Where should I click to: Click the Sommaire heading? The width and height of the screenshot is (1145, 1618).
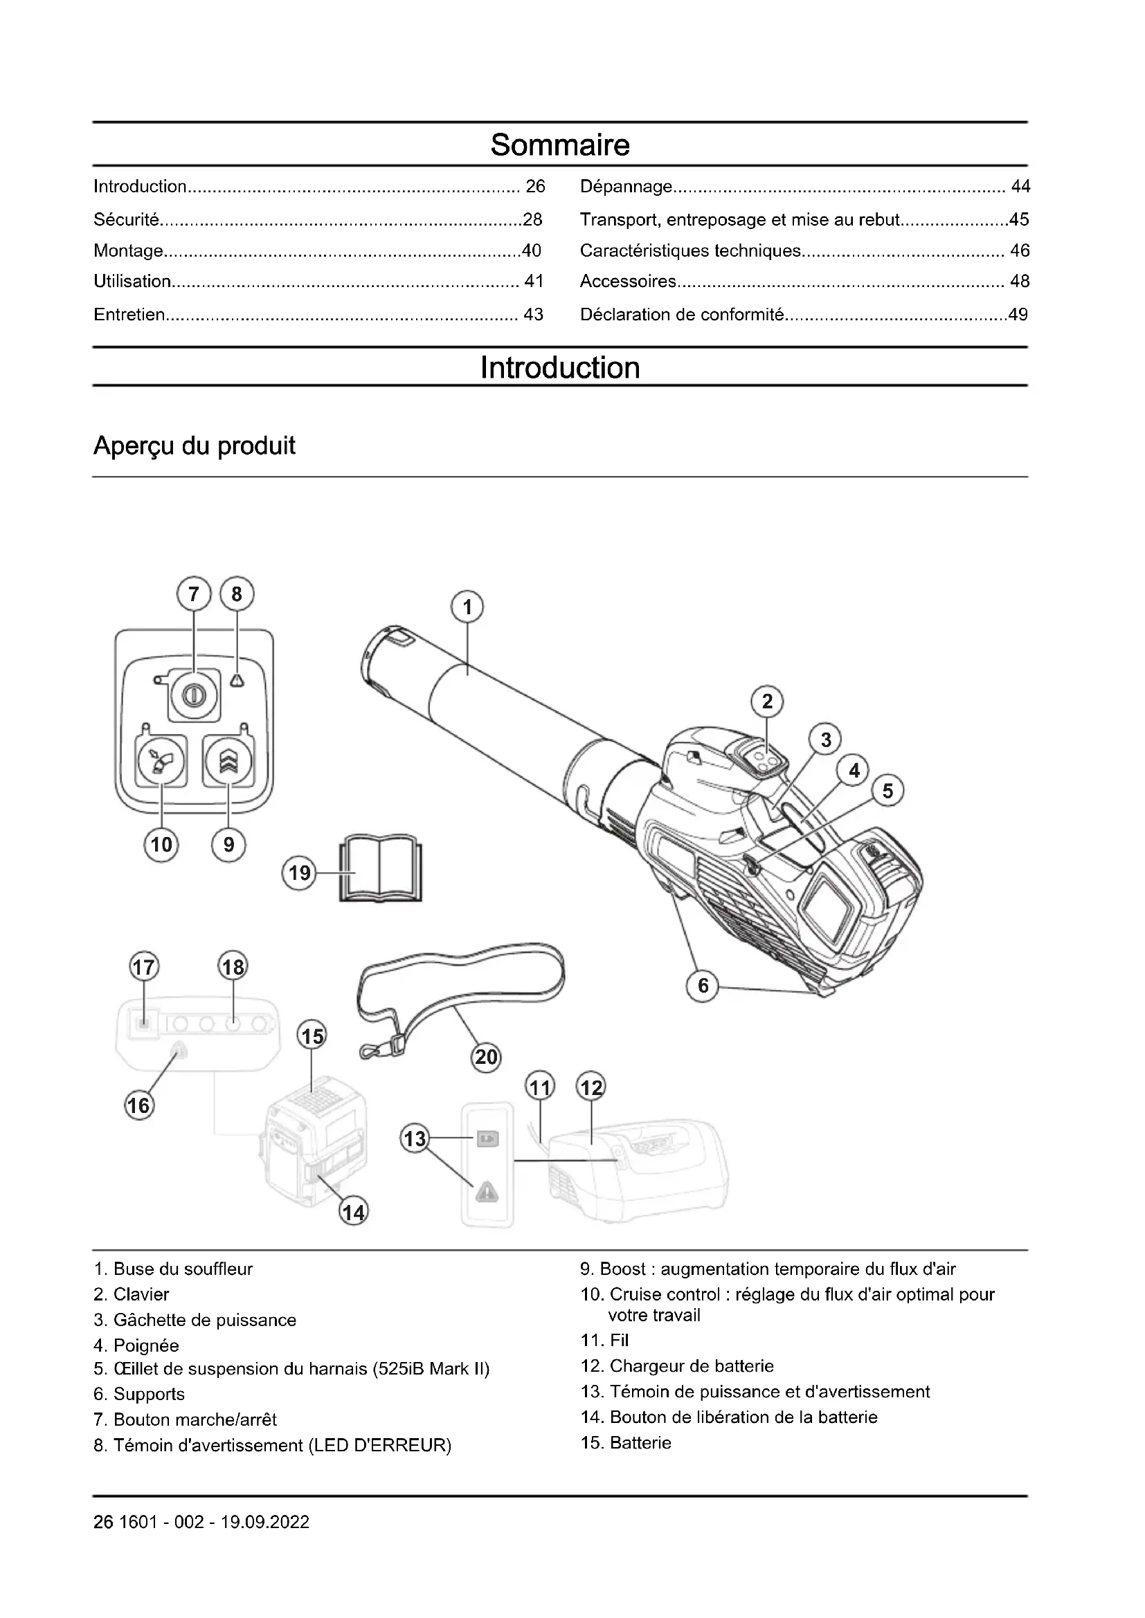coord(560,145)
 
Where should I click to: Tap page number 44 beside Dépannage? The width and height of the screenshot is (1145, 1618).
coord(1020,187)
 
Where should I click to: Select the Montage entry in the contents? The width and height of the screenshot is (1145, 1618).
coord(129,251)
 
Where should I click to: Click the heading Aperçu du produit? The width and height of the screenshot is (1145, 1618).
coord(194,446)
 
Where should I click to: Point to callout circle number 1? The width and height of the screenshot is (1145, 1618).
coord(467,607)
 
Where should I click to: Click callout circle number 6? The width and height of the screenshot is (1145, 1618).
coord(702,985)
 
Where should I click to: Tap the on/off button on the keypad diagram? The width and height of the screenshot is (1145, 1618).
coord(192,695)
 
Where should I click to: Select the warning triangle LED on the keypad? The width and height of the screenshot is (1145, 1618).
coord(237,679)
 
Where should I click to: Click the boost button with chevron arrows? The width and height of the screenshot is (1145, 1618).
coord(228,761)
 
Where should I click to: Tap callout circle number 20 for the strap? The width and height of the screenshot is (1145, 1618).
coord(486,1057)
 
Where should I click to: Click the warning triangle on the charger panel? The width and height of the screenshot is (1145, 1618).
coord(487,1193)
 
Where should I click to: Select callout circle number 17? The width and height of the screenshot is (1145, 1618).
coord(144,967)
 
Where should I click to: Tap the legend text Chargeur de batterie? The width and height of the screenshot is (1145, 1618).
coord(691,1366)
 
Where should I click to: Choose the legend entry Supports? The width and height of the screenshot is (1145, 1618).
coord(149,1394)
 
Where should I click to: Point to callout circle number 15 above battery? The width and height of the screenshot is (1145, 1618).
coord(312,1037)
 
